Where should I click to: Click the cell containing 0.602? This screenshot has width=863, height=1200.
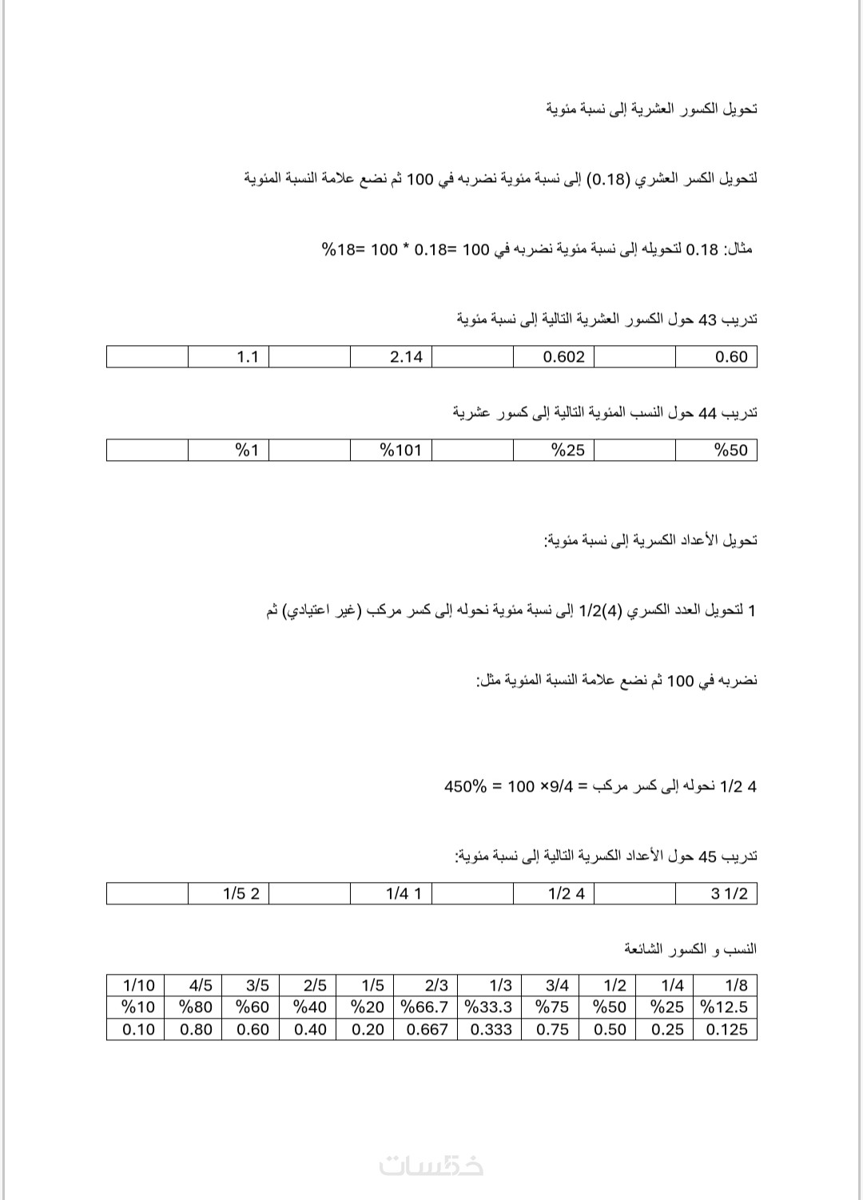564,357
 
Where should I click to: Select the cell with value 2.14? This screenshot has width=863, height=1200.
406,357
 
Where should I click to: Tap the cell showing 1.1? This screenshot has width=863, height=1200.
248,357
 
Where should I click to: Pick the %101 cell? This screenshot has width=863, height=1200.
400,451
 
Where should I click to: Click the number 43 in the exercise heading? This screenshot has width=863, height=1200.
709,320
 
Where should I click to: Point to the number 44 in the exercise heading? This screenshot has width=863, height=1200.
709,413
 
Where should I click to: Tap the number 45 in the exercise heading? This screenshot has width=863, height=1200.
709,856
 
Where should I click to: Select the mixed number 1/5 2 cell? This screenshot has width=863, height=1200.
241,894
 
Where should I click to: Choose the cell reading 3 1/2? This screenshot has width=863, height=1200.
730,894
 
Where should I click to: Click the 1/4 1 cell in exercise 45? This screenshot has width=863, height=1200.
404,894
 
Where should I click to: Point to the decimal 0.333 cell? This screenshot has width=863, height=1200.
491,1030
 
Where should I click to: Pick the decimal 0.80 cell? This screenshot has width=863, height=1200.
196,1030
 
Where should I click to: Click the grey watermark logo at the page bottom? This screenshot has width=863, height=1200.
431,1166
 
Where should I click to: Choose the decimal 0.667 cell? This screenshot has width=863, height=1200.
428,1030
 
